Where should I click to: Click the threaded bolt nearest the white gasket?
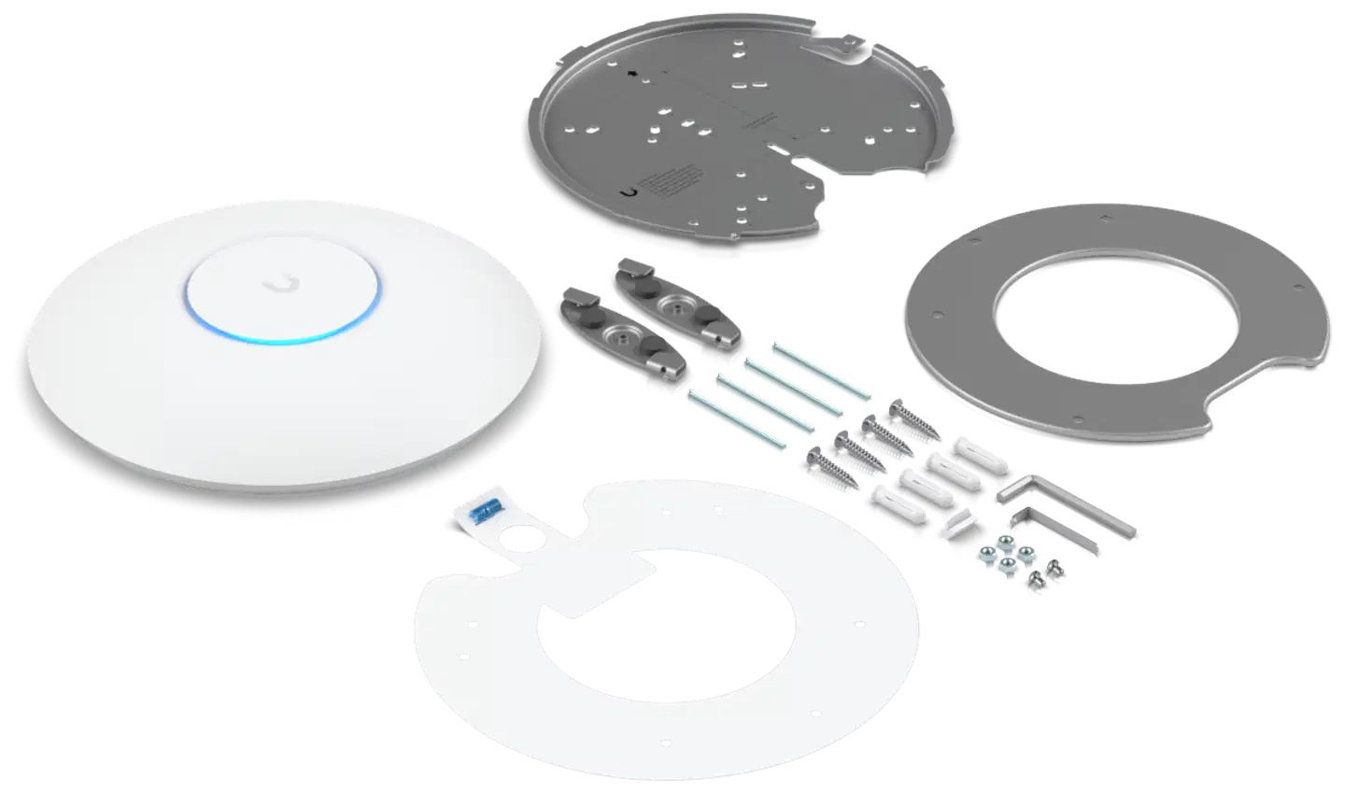[x=732, y=424]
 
